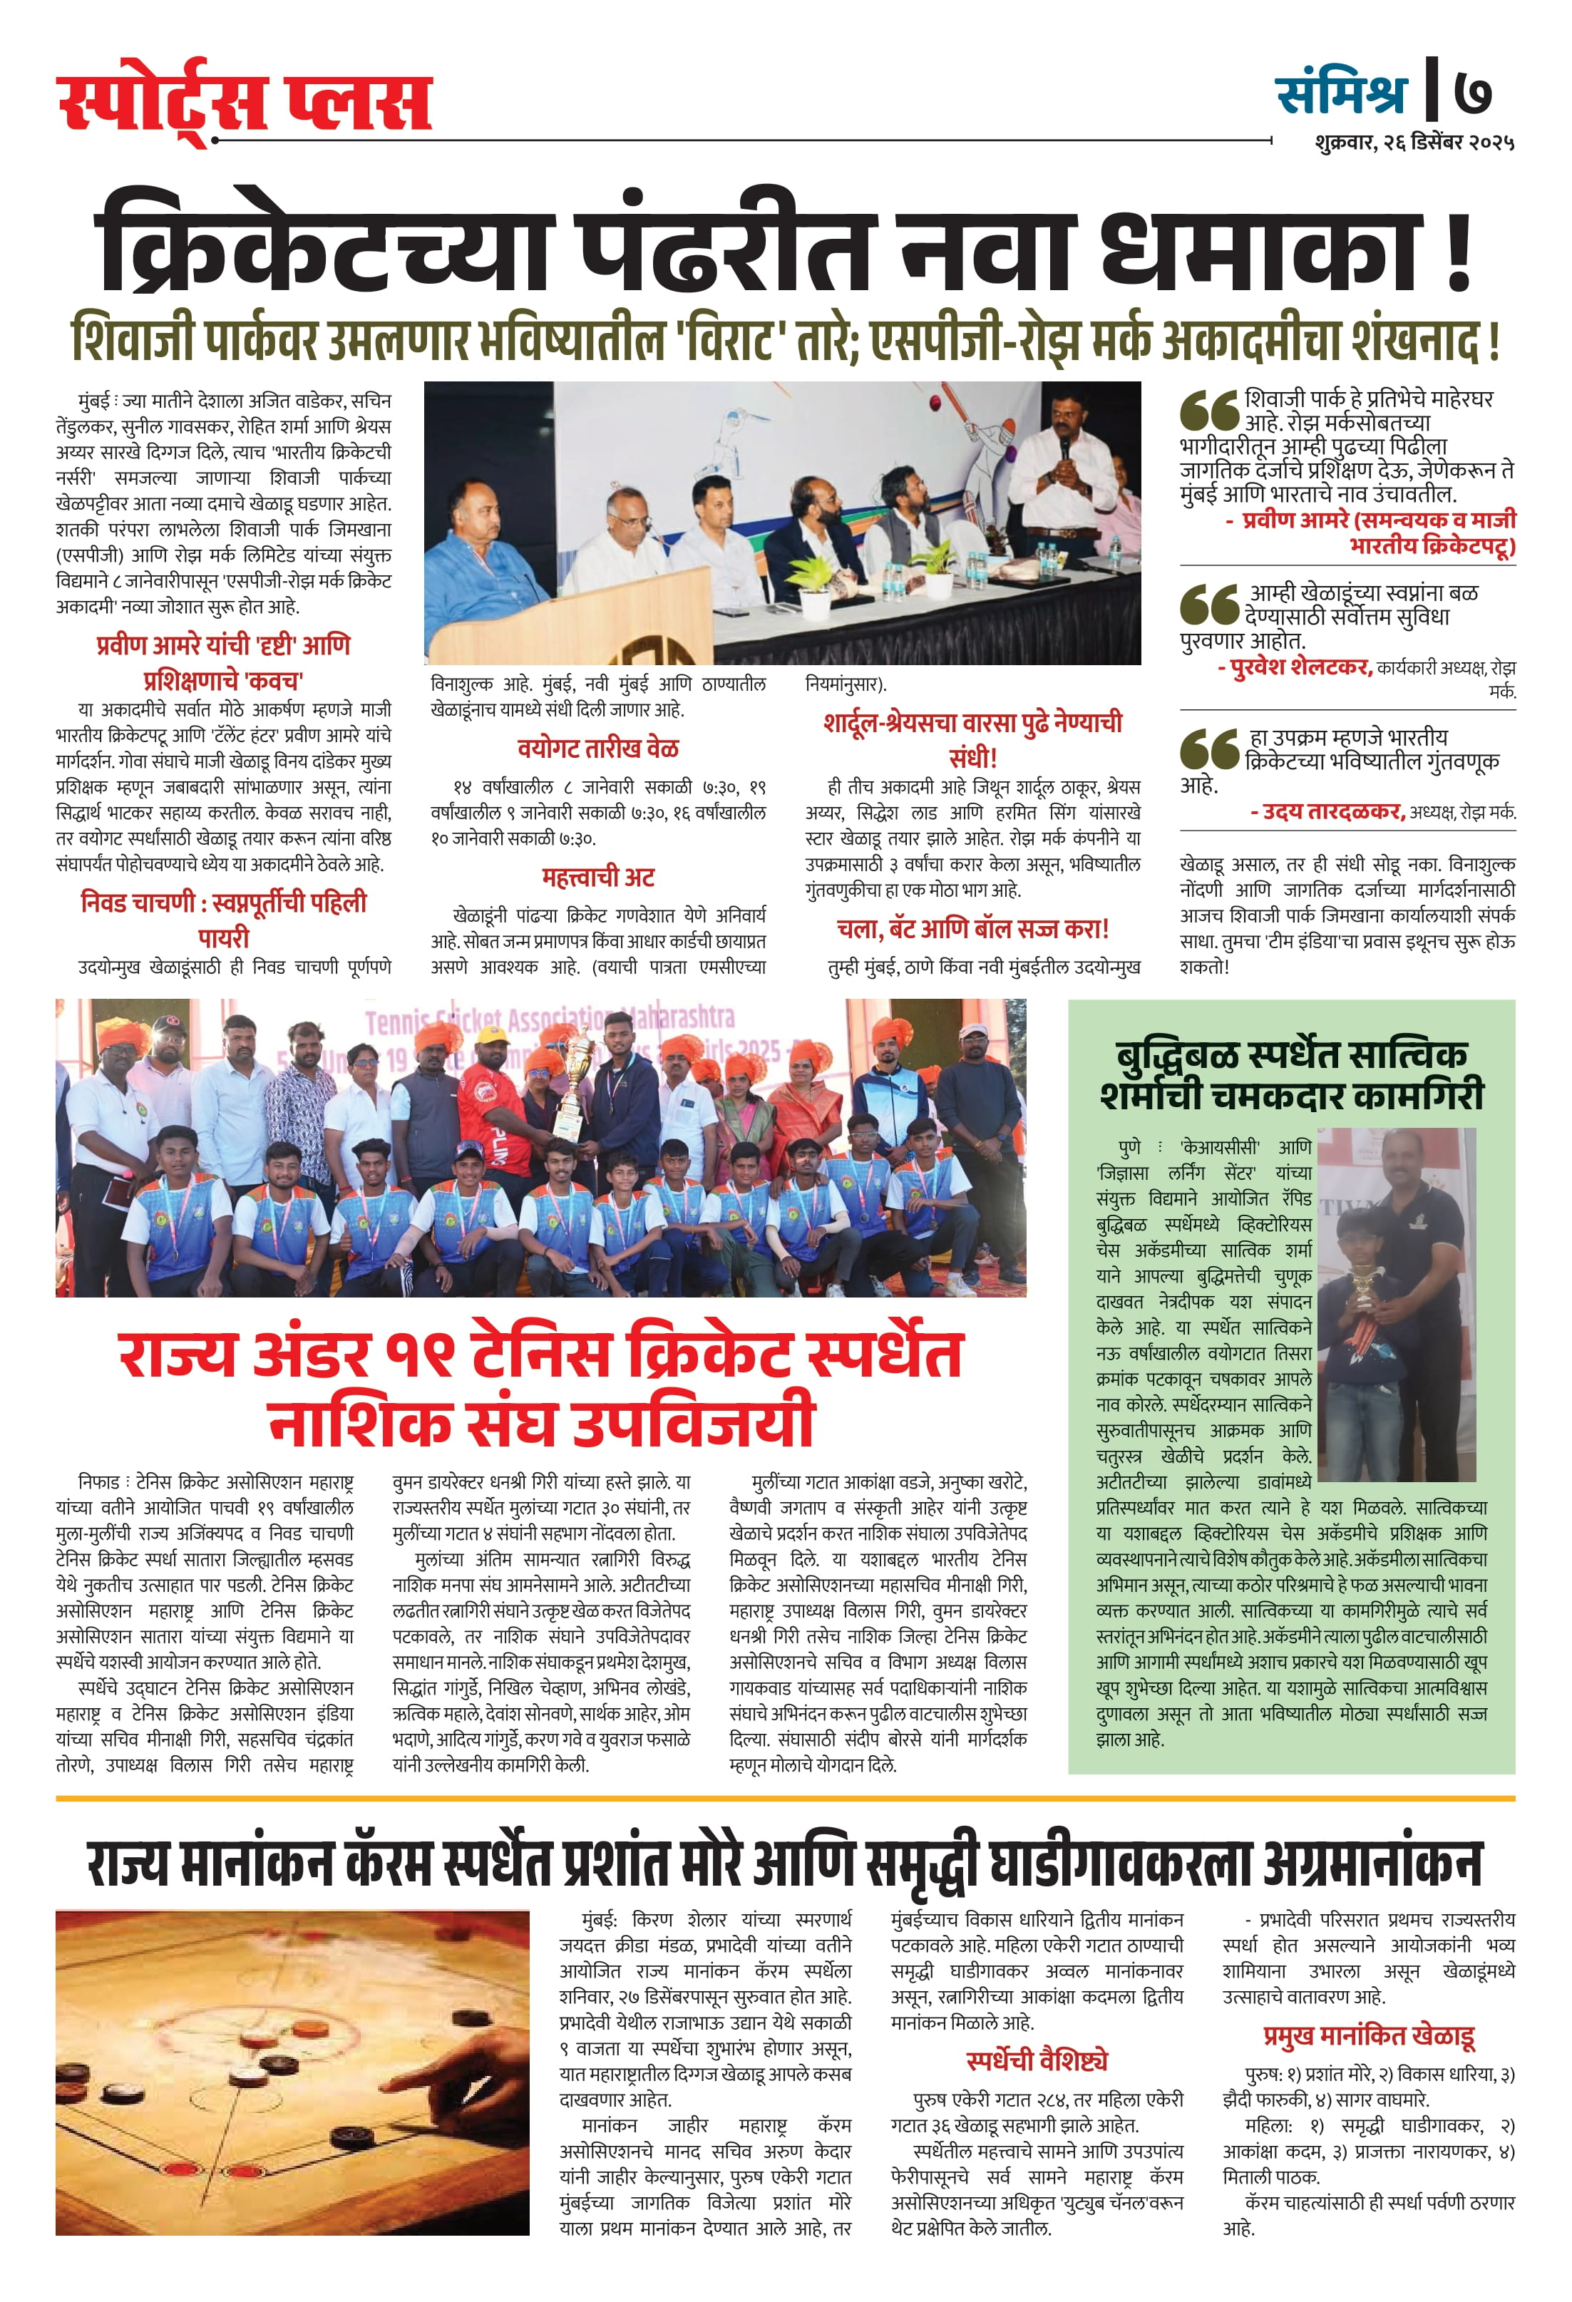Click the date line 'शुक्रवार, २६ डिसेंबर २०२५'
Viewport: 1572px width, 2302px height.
(x=1414, y=143)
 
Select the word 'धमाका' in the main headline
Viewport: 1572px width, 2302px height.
(x=1258, y=247)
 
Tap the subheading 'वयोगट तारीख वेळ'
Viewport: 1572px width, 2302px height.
(x=597, y=749)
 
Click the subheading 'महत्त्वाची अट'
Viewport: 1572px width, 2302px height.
(x=597, y=878)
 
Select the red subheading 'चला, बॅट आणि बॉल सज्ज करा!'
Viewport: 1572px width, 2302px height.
(x=972, y=929)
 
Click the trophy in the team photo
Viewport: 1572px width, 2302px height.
(x=573, y=1089)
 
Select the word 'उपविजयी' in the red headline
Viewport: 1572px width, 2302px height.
(x=694, y=1422)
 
